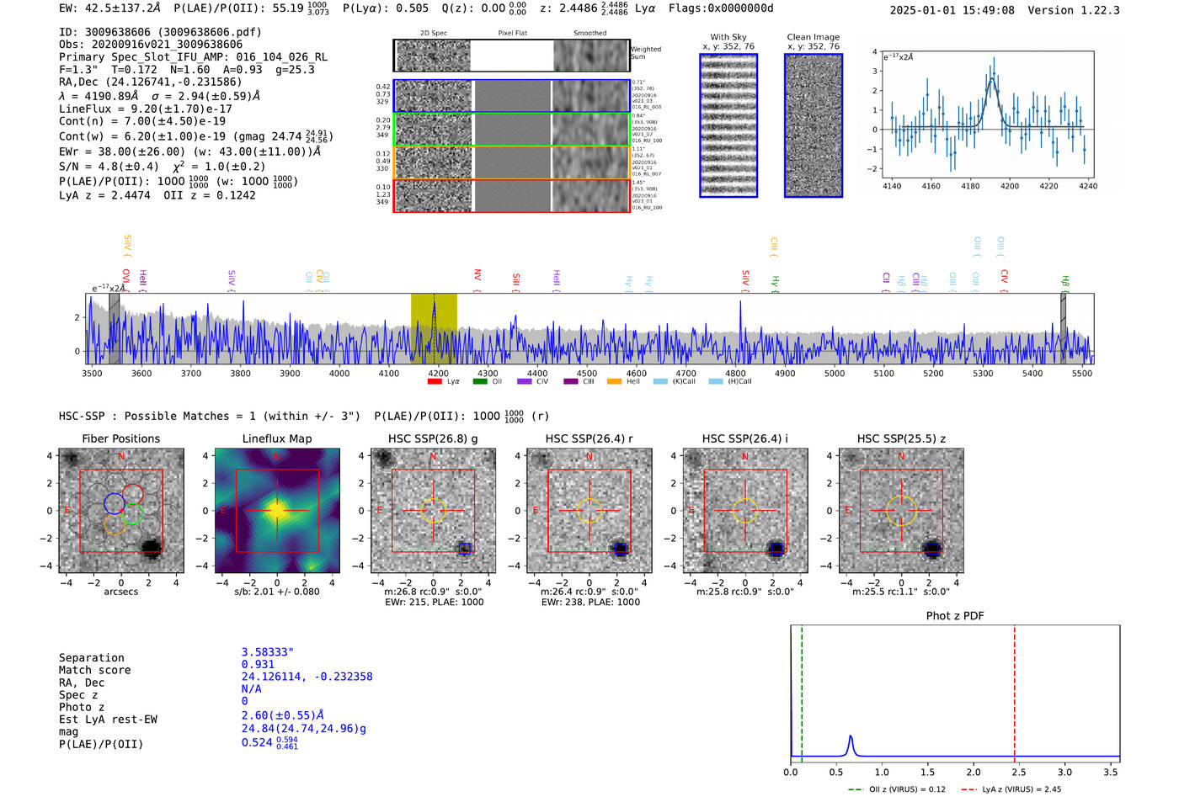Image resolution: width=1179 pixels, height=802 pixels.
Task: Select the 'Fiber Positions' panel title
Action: point(120,438)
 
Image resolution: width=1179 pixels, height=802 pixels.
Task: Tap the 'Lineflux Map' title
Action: point(276,438)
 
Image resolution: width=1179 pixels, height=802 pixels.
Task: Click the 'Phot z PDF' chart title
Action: point(954,616)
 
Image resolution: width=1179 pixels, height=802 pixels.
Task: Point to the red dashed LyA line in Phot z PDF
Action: point(1014,690)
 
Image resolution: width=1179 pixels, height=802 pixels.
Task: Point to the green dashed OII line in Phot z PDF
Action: point(802,690)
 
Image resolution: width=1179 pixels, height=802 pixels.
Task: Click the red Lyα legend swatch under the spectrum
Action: point(435,381)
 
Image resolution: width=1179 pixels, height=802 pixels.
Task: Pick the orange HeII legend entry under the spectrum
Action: point(614,381)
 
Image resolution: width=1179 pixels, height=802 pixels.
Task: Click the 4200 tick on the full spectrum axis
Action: point(438,373)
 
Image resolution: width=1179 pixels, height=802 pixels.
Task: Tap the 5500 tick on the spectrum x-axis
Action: point(1081,373)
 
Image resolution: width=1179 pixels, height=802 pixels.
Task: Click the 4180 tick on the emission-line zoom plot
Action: point(970,186)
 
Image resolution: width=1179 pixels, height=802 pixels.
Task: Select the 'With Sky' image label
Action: point(728,37)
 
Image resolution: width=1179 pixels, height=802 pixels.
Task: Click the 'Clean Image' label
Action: point(813,37)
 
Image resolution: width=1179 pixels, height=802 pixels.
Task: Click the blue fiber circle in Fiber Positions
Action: point(114,503)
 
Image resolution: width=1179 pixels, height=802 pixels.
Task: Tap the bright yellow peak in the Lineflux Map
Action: point(277,510)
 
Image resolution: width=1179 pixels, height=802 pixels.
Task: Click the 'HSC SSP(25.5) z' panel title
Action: point(901,438)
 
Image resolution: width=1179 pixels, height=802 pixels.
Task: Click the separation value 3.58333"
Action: point(267,652)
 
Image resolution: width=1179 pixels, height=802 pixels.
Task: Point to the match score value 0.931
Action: point(258,665)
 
